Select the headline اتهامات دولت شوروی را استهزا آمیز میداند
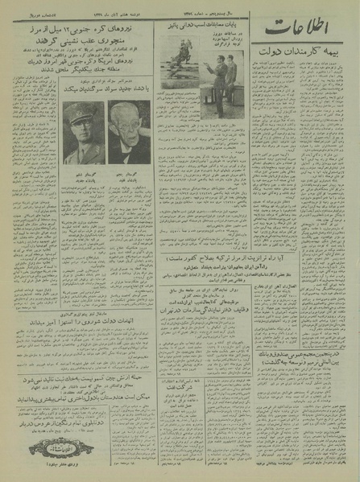tap(108, 340)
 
